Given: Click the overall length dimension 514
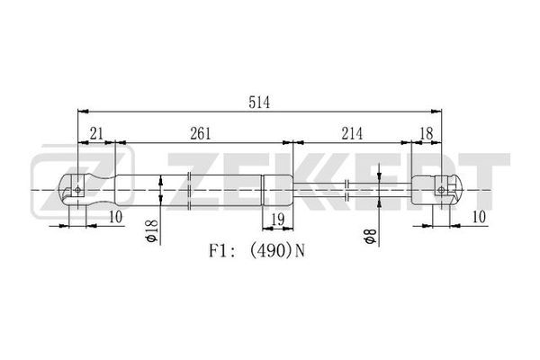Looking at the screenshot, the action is coord(259,103).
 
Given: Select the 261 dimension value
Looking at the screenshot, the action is coord(200,133).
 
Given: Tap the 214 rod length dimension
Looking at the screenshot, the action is coord(352,133).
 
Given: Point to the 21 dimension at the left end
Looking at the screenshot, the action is coord(96,133).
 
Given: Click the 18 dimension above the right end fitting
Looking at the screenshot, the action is coord(427,133).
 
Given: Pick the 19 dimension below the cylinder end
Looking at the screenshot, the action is coord(278,220).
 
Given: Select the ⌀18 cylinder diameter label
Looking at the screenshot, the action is coord(151,230).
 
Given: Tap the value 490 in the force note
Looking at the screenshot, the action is coord(269,251).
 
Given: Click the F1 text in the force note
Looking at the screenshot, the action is coord(217,251).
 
